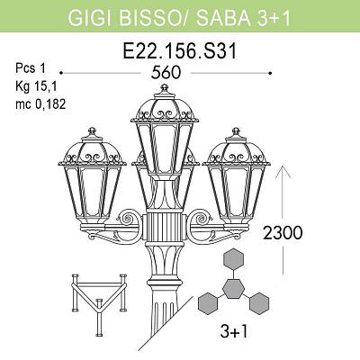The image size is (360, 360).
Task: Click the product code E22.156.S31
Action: [180, 51]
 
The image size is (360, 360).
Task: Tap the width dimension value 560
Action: [166, 73]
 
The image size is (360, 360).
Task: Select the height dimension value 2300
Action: [283, 233]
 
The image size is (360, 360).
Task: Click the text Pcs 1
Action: [31, 68]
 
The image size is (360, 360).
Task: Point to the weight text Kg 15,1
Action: [36, 86]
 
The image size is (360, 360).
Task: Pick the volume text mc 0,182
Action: [40, 104]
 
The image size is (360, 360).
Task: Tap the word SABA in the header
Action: [222, 18]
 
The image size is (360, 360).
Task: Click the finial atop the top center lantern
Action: [164, 89]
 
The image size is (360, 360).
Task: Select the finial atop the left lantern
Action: [92, 132]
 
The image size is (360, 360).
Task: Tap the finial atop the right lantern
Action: [236, 132]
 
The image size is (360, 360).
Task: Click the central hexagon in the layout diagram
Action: [233, 289]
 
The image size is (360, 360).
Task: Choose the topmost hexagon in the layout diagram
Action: [233, 260]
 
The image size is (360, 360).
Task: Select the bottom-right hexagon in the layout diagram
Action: [259, 303]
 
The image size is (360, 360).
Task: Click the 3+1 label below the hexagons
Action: [234, 331]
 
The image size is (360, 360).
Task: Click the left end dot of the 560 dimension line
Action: [61, 73]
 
